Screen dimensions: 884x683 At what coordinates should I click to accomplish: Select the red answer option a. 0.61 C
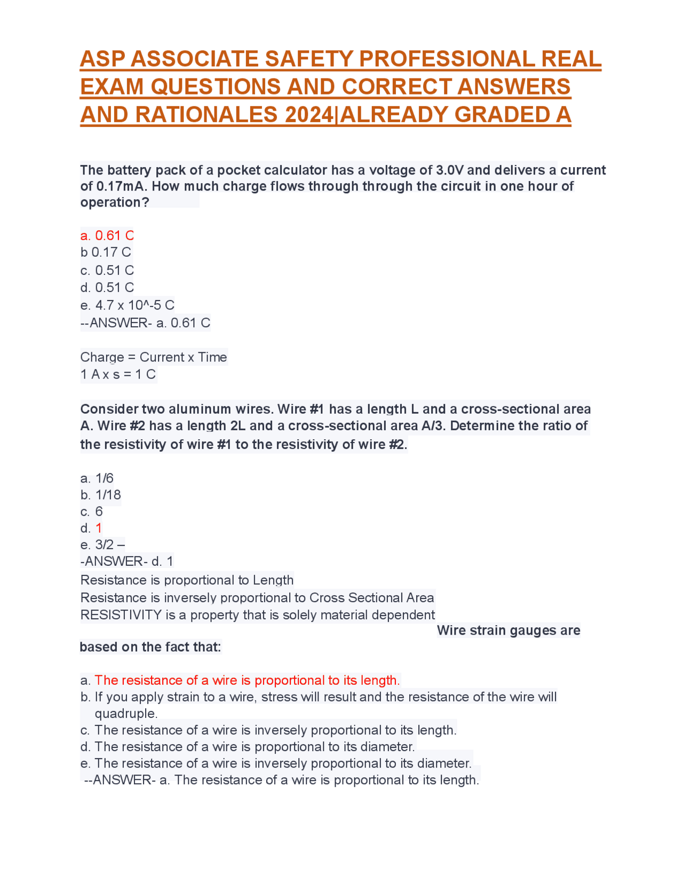coord(107,235)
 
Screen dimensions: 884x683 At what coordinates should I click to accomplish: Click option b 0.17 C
coord(106,252)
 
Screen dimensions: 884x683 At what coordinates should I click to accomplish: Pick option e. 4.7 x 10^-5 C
coord(128,305)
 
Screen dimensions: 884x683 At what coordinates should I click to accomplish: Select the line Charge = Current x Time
coord(154,357)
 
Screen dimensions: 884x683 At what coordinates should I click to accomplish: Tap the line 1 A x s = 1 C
coord(118,374)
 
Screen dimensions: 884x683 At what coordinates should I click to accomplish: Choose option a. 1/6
coord(97,478)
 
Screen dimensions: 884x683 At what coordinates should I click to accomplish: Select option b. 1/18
coord(101,495)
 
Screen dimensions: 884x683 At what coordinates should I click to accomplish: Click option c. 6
coord(92,511)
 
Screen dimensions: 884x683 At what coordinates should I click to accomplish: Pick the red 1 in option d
coord(99,528)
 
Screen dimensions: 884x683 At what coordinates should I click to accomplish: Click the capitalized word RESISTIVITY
coord(121,615)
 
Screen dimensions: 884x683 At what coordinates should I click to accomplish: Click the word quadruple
coord(125,713)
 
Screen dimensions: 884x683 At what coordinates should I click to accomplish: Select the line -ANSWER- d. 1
coord(127,561)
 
